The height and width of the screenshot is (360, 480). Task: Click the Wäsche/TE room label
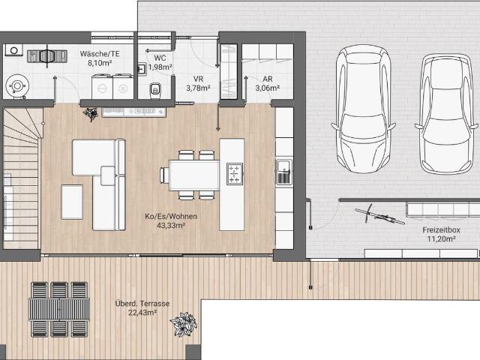pyautogui.click(x=100, y=54)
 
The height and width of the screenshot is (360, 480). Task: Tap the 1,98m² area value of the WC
pyautogui.click(x=160, y=67)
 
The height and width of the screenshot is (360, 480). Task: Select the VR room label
pyautogui.click(x=198, y=79)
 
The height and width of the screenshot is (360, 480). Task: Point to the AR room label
pyautogui.click(x=268, y=79)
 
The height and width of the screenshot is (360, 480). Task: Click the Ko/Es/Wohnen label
pyautogui.click(x=171, y=217)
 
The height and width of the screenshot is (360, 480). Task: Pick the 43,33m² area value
pyautogui.click(x=171, y=226)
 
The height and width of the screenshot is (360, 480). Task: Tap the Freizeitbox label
pyautogui.click(x=441, y=230)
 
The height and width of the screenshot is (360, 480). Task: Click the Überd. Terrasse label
pyautogui.click(x=142, y=303)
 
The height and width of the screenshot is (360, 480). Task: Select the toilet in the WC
pyautogui.click(x=155, y=91)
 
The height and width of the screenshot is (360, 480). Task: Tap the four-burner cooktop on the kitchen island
pyautogui.click(x=235, y=173)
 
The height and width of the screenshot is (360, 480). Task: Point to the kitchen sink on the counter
pyautogui.click(x=284, y=172)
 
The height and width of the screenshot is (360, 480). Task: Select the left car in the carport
pyautogui.click(x=363, y=109)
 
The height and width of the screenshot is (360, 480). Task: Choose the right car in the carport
pyautogui.click(x=445, y=114)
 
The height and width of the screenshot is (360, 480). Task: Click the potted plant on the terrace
pyautogui.click(x=184, y=324)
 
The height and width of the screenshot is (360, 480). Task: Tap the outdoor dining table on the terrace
pyautogui.click(x=59, y=309)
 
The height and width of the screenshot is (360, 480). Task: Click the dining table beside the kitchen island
pyautogui.click(x=194, y=175)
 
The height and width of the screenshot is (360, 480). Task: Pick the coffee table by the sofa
pyautogui.click(x=72, y=202)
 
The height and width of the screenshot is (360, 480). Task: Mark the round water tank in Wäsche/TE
pyautogui.click(x=17, y=86)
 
